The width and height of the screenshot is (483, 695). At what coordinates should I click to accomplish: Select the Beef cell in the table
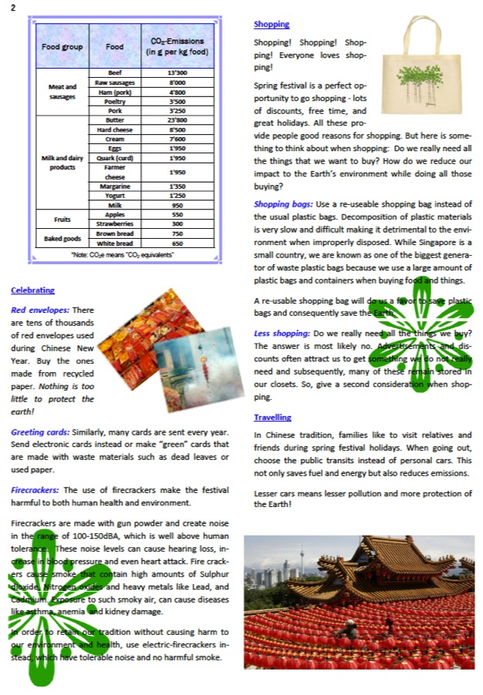pos(114,72)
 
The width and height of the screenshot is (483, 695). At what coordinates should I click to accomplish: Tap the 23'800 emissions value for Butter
pos(176,120)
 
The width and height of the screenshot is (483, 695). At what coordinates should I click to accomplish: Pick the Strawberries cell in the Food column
pos(114,223)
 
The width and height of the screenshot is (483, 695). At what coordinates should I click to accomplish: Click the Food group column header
pos(63,46)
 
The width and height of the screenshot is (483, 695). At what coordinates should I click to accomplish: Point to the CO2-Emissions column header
pos(176,46)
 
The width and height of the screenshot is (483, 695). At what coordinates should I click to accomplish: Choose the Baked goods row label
pos(63,238)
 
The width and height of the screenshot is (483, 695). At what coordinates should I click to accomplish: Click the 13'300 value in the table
pos(176,72)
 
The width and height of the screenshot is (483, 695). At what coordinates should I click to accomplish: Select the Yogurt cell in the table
pos(114,196)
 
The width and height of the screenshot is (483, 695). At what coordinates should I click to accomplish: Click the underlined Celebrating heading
pos(32,290)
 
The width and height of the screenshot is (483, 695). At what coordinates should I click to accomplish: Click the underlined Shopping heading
pos(271,25)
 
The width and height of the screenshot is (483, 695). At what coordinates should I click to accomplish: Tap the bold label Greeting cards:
pos(39,432)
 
